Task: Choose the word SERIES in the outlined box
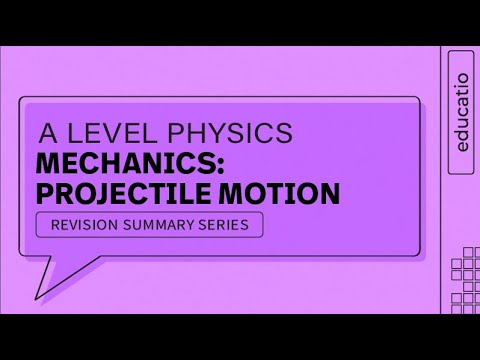[x=227, y=224]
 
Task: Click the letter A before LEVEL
[x=47, y=133]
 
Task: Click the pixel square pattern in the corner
[x=462, y=266]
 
